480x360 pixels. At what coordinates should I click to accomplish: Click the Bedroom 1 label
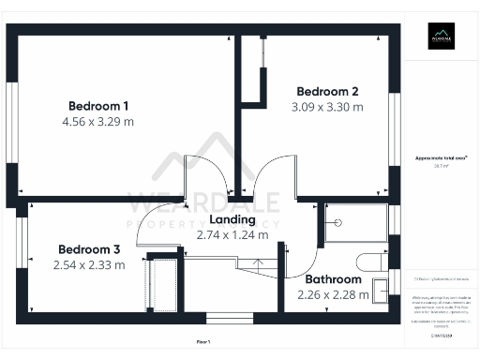(x=98, y=105)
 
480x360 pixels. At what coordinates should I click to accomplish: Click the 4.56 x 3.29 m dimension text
(x=98, y=122)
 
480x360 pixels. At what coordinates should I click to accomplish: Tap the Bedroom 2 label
(x=327, y=91)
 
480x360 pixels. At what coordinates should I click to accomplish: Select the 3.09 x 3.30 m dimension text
(x=327, y=108)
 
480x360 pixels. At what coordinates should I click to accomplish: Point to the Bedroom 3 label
(x=89, y=249)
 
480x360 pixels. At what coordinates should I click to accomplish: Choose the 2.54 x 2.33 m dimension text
(x=89, y=266)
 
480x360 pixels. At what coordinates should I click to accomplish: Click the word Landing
(x=232, y=219)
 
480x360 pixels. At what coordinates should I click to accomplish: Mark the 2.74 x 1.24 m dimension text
(x=232, y=235)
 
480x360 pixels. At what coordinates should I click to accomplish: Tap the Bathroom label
(x=333, y=279)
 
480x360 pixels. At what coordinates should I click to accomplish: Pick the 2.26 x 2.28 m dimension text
(x=333, y=295)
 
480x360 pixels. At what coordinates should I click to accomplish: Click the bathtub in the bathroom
(x=356, y=224)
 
